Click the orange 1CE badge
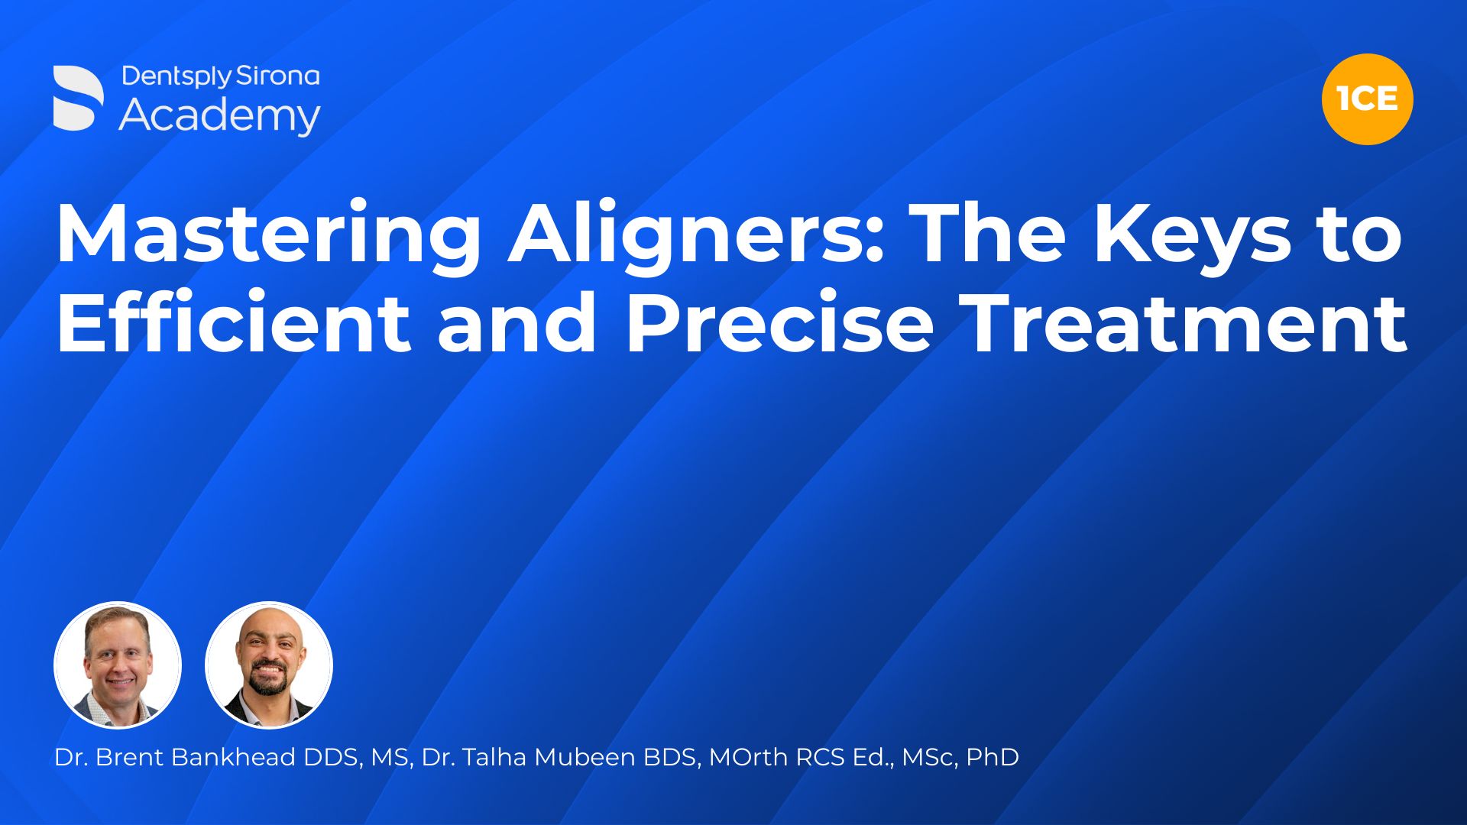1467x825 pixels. pos(1367,99)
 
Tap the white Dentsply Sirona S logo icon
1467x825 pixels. pos(78,98)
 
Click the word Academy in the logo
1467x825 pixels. pos(219,116)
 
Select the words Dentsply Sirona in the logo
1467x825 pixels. pos(220,76)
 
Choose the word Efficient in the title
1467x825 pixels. pos(233,322)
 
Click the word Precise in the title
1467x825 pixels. pos(779,322)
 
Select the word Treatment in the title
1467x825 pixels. pos(1184,322)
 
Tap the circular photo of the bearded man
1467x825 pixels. pos(269,665)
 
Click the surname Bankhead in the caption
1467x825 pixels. pos(233,757)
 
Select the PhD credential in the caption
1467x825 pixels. pos(993,757)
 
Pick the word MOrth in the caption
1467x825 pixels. pos(748,757)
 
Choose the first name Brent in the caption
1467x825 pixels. pos(129,757)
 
